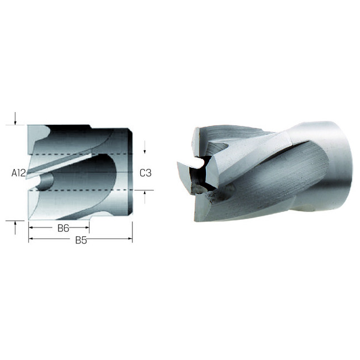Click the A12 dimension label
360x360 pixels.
tap(19, 173)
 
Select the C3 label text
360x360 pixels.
tap(146, 173)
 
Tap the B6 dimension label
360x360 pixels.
tap(63, 228)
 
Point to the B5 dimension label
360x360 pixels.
tap(81, 240)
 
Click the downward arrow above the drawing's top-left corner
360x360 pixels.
tap(15, 119)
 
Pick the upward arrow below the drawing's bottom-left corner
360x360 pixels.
tap(15, 227)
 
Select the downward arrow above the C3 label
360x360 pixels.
tap(145, 147)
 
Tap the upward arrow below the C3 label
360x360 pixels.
tap(145, 197)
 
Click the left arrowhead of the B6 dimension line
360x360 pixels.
tap(31, 227)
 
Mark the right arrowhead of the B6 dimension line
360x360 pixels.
tap(87, 227)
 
